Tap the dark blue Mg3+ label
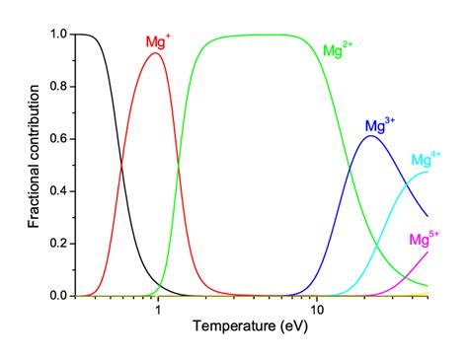point(379,125)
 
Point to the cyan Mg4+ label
point(427,159)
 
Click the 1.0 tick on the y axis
point(56,35)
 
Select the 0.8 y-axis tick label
point(56,87)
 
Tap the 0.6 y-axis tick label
point(56,139)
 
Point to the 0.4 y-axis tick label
point(56,191)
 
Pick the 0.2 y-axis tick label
point(56,244)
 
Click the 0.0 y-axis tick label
point(56,296)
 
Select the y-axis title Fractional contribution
point(35,165)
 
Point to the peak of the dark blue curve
point(370,136)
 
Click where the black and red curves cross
point(121,165)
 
